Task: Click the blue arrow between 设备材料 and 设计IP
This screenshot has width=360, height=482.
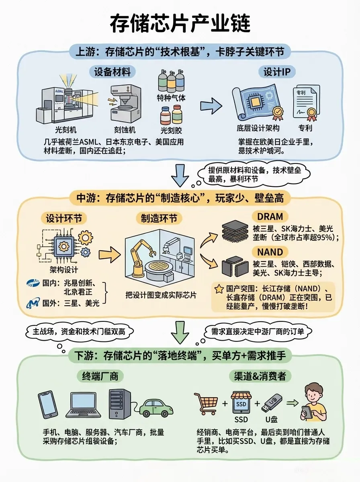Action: [x=211, y=106]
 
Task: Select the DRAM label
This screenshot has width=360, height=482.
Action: [x=270, y=216]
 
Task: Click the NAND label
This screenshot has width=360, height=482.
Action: [x=270, y=252]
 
